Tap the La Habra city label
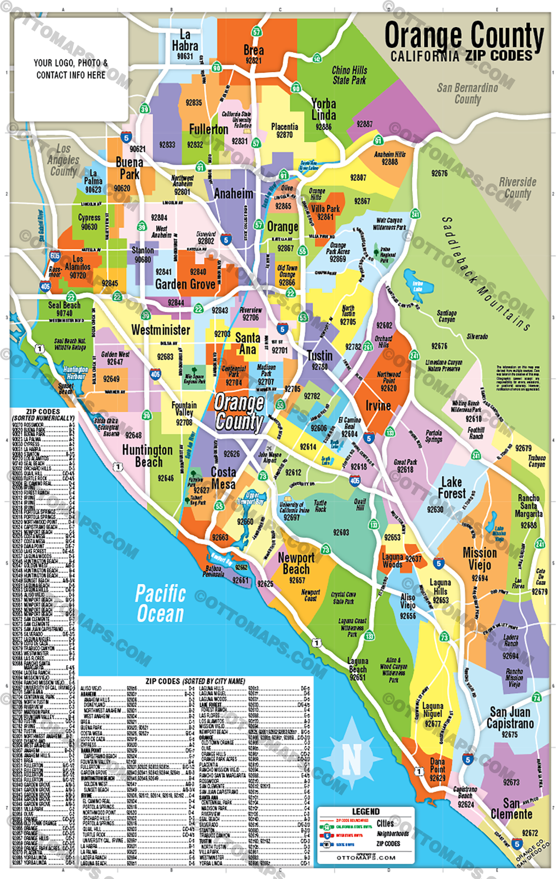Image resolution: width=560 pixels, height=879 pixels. click(185, 41)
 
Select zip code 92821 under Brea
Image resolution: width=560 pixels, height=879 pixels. click(253, 61)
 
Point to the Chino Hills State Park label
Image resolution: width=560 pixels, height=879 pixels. click(349, 75)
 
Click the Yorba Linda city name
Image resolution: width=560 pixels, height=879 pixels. click(323, 109)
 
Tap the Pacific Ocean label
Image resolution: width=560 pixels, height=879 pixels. click(160, 603)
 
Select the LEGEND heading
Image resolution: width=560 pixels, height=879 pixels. click(365, 811)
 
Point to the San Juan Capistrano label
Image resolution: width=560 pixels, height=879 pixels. click(510, 718)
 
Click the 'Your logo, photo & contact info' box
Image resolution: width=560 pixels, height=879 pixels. click(71, 69)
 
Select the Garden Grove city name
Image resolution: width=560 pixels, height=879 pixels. click(185, 284)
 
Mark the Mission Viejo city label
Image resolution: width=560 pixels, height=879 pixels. click(480, 558)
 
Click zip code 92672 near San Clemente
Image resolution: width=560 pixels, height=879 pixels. click(529, 833)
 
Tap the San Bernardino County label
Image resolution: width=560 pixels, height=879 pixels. click(467, 93)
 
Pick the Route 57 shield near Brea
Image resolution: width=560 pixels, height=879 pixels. click(256, 32)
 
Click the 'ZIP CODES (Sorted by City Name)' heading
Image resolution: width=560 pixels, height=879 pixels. click(195, 681)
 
